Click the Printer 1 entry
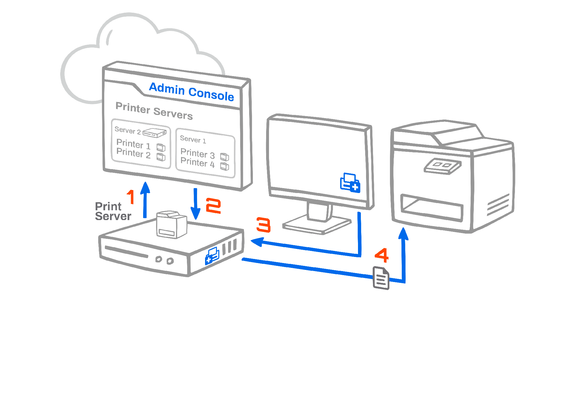(133, 144)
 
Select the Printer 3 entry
(198, 154)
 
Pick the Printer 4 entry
(198, 163)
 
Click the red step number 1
(131, 197)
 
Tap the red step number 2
(213, 206)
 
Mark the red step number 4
(382, 255)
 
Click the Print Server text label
(113, 211)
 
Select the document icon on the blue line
(381, 278)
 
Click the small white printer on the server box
(171, 225)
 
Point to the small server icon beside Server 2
(155, 133)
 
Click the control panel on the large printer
(442, 166)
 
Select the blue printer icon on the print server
(212, 255)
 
